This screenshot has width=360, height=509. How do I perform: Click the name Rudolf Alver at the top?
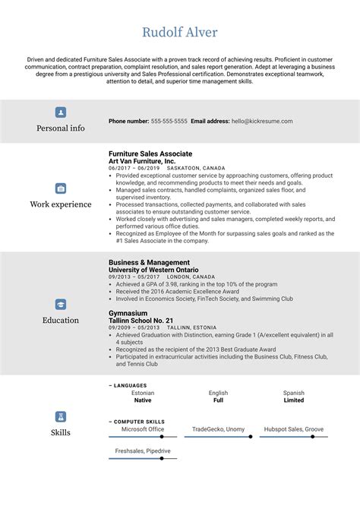point(179,32)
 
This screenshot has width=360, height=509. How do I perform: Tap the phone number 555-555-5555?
point(169,121)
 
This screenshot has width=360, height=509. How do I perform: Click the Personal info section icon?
point(60,112)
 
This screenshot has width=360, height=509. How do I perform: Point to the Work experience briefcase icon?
point(60,188)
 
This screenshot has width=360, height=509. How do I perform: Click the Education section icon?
point(60,304)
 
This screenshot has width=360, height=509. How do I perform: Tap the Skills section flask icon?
point(60,416)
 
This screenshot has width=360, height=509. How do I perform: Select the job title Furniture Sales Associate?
point(150,153)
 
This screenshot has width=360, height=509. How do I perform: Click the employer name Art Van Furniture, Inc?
point(143,161)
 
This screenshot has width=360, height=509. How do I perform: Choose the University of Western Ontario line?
point(153,270)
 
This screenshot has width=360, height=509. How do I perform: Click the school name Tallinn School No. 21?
point(142,320)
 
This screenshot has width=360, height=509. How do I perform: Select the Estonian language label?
point(142,393)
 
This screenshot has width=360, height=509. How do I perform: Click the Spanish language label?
point(294,393)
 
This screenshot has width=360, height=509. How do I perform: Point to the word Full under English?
point(218,400)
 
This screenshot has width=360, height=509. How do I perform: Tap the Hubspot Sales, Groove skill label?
point(294,429)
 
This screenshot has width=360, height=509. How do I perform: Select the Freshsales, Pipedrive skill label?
point(142,451)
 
